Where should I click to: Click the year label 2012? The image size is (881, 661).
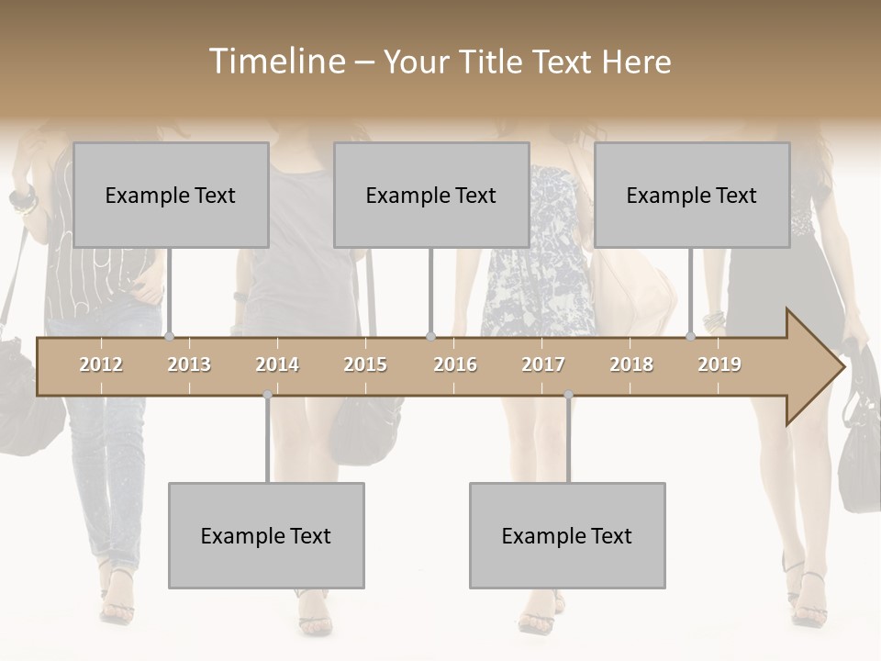[x=101, y=364]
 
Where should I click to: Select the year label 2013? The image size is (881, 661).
[x=189, y=364]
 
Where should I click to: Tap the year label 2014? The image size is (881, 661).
[x=277, y=364]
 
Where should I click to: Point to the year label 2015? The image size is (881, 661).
[x=365, y=364]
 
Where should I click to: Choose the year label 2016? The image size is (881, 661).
[x=455, y=364]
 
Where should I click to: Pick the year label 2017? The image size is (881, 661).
[x=543, y=364]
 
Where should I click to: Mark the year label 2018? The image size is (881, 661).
[x=631, y=364]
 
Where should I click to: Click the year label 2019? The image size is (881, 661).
[x=719, y=364]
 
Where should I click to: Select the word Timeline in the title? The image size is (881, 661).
[x=276, y=62]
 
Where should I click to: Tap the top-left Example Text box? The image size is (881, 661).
[x=171, y=195]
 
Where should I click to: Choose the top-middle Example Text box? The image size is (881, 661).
[x=431, y=195]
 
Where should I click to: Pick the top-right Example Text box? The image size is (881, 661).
[x=692, y=195]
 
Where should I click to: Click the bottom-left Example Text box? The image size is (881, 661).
[x=266, y=535]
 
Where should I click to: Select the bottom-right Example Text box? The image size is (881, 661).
[x=567, y=535]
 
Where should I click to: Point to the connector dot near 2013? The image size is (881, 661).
[x=170, y=337]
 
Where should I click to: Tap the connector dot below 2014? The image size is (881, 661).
[x=267, y=396]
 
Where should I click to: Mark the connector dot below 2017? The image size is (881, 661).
[x=568, y=396]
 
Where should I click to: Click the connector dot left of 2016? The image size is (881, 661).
[x=430, y=337]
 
